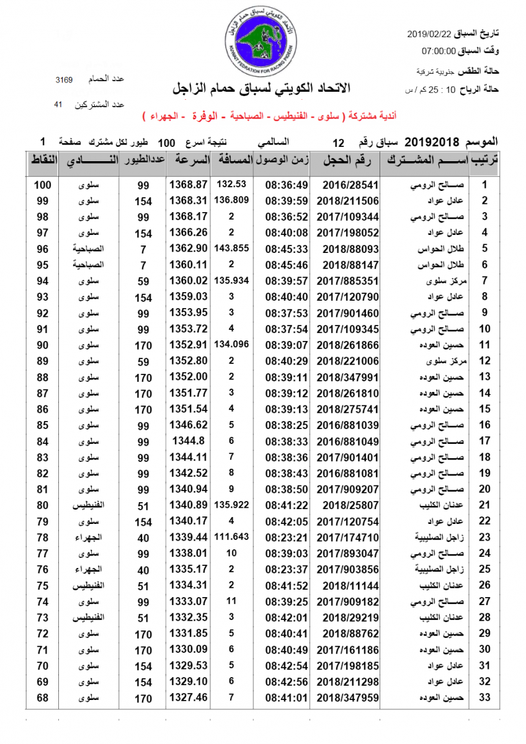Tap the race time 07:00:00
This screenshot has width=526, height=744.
(439, 51)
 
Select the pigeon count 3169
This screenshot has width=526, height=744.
(65, 80)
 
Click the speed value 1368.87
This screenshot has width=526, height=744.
(187, 185)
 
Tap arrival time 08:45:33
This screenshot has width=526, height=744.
(287, 249)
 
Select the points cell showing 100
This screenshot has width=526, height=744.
(43, 185)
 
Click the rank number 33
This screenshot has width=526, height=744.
(485, 698)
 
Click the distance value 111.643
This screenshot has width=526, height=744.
(231, 536)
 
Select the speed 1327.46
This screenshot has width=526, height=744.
(187, 698)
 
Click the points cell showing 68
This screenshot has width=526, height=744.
(43, 698)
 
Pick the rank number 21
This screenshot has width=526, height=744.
(485, 505)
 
